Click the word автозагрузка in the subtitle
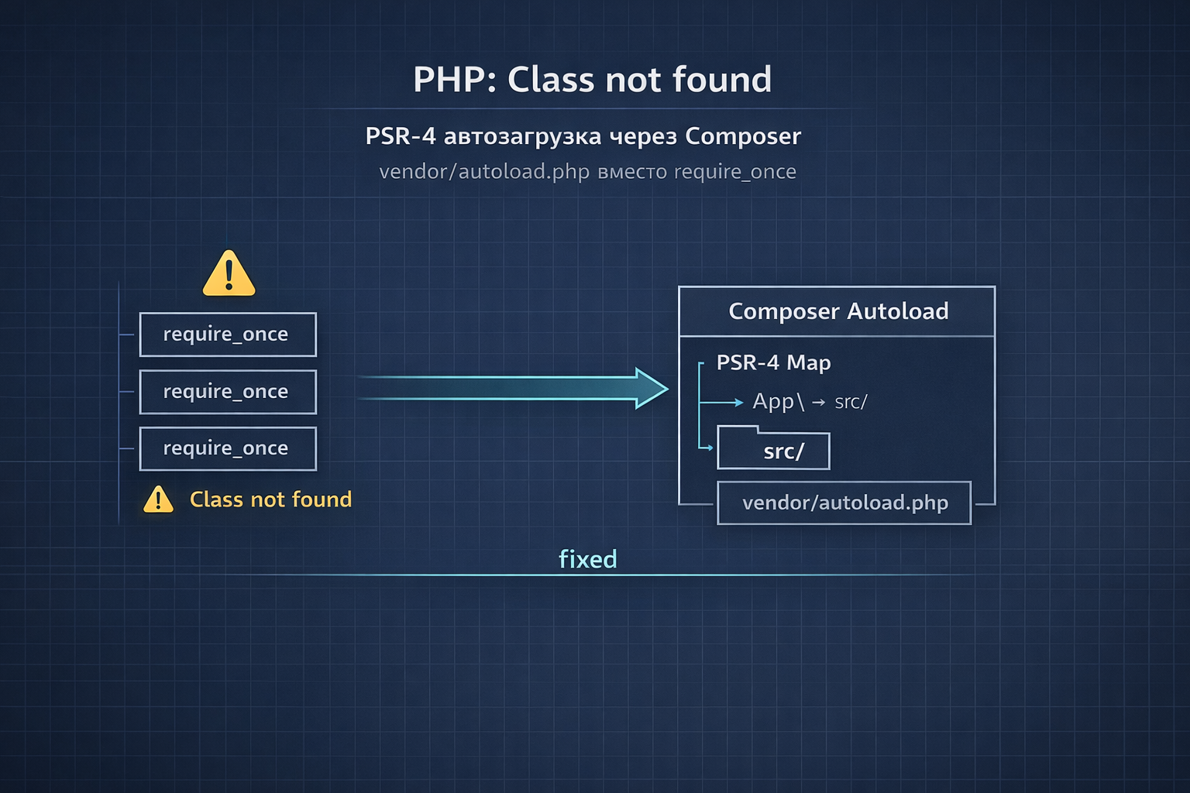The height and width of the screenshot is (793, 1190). click(x=523, y=137)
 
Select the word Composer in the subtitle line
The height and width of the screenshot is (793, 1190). click(x=743, y=136)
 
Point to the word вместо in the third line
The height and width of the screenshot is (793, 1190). click(x=632, y=172)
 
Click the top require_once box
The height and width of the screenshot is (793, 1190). click(x=228, y=335)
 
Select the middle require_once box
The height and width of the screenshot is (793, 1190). click(x=228, y=392)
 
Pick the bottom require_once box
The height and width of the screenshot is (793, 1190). click(x=228, y=449)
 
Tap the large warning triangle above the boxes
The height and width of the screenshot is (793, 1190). click(x=229, y=273)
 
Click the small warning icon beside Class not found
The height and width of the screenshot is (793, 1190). click(x=158, y=499)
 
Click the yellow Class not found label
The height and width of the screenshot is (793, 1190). click(x=271, y=499)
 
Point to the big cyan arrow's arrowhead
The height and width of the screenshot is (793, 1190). click(x=652, y=388)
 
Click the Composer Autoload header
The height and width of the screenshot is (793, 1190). click(x=837, y=311)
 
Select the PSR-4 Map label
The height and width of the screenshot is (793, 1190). click(x=773, y=362)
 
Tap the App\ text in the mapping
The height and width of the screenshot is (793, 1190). click(x=779, y=402)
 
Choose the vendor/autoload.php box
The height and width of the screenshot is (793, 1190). click(x=844, y=503)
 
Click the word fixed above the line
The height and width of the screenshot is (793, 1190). click(x=587, y=559)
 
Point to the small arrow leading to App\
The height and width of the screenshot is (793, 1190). click(x=721, y=403)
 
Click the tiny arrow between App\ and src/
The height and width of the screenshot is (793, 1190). click(x=819, y=403)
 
